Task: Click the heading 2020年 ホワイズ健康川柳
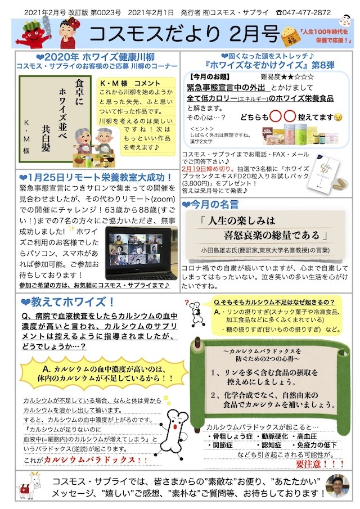pyautogui.click(x=92, y=57)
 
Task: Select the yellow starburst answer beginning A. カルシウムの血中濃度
pyautogui.click(x=98, y=373)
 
